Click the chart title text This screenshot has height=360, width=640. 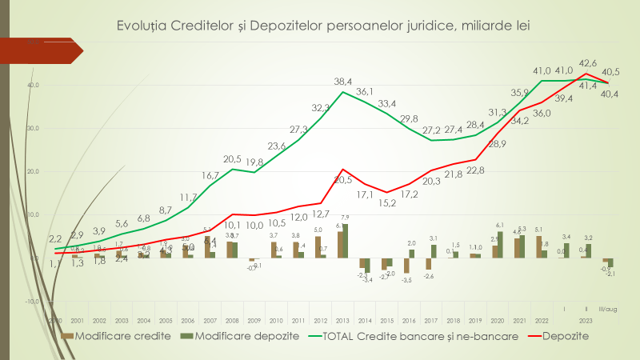click(x=323, y=26)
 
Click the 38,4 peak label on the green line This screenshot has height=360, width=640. click(x=343, y=81)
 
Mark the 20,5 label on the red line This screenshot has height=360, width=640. click(x=343, y=181)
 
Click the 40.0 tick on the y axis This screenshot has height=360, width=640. click(x=33, y=85)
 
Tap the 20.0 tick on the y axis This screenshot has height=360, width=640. click(x=33, y=171)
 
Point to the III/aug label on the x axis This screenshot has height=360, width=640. click(x=608, y=306)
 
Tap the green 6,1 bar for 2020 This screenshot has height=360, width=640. click(x=501, y=245)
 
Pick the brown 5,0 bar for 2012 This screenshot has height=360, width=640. click(x=318, y=247)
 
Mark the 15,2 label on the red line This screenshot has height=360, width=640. click(x=386, y=202)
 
